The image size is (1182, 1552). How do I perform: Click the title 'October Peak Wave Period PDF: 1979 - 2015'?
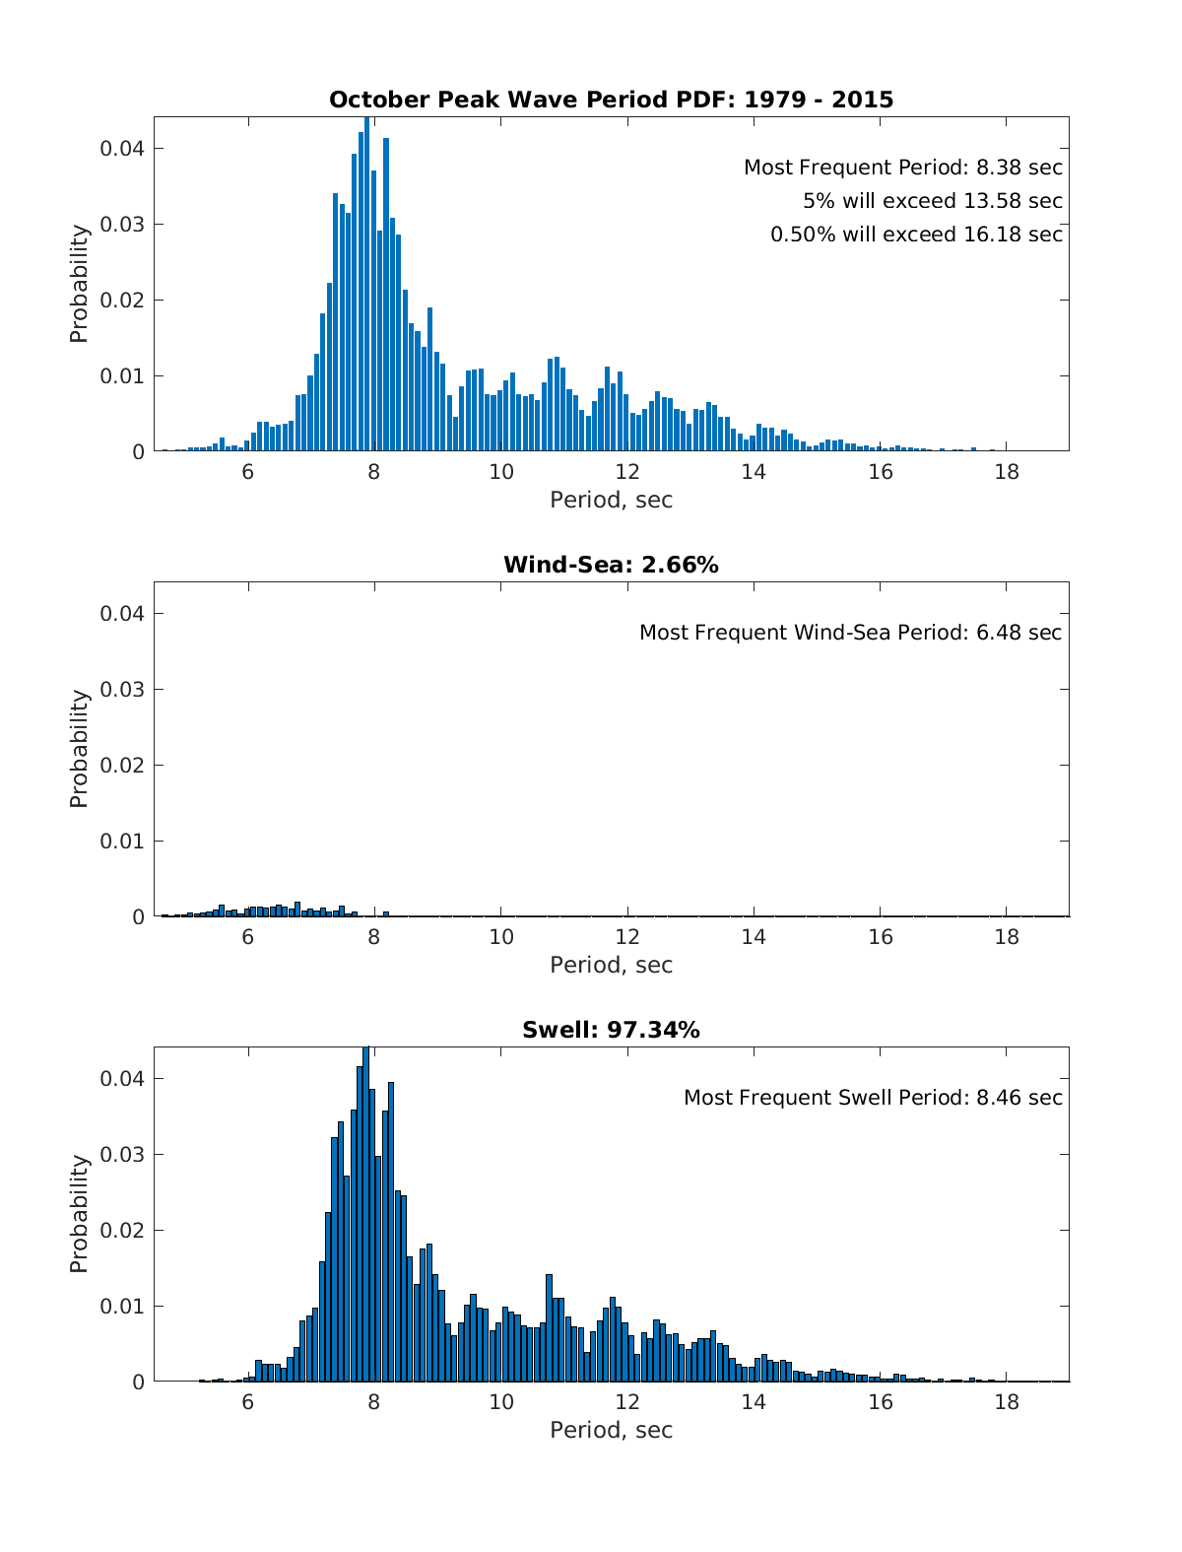611,100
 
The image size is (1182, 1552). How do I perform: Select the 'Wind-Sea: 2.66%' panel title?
611,565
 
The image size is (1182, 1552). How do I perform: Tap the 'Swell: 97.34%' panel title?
611,1030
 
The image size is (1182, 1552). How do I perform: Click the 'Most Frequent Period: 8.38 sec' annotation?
902,168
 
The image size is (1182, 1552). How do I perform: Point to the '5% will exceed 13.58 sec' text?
932,201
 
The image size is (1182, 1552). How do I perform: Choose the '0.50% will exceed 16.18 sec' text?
916,235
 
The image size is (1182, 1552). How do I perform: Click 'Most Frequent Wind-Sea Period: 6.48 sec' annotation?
850,633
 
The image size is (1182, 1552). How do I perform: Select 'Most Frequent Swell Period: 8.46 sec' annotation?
873,1098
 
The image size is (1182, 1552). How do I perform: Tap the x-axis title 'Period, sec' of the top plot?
611,500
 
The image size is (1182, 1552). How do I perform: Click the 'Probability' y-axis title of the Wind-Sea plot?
79,749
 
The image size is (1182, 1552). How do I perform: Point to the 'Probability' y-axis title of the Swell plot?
79,1214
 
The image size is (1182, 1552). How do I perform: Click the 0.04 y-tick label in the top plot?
122,149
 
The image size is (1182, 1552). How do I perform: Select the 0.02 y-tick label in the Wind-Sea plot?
122,766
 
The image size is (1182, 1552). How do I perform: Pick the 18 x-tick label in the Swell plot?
1007,1402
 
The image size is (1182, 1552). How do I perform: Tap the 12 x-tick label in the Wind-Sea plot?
627,937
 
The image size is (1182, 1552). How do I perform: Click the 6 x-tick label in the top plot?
248,472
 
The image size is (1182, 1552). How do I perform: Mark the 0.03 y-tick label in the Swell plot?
122,1155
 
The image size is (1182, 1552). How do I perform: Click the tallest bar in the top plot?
366,286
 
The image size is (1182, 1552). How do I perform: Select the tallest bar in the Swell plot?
365,1216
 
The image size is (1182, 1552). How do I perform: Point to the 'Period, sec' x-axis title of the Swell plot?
611,1430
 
